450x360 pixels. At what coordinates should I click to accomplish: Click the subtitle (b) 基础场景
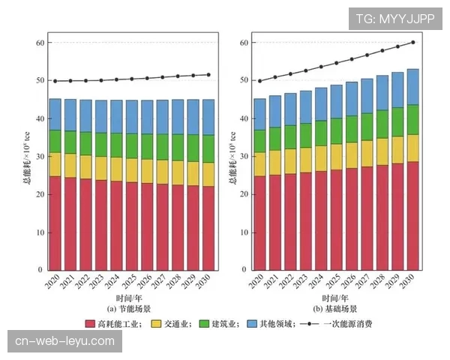click(335, 308)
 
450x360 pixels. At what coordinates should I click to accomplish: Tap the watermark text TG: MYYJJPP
click(395, 18)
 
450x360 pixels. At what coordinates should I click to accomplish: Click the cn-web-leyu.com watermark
click(65, 342)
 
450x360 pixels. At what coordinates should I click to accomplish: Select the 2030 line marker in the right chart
click(412, 43)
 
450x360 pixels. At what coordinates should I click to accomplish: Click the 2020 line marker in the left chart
click(55, 81)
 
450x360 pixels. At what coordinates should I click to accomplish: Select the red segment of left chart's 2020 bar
click(55, 223)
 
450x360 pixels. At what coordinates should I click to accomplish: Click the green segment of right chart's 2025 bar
click(336, 130)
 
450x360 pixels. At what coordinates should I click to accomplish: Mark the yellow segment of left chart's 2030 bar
click(208, 174)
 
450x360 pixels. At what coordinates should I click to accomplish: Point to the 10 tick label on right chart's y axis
click(245, 232)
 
